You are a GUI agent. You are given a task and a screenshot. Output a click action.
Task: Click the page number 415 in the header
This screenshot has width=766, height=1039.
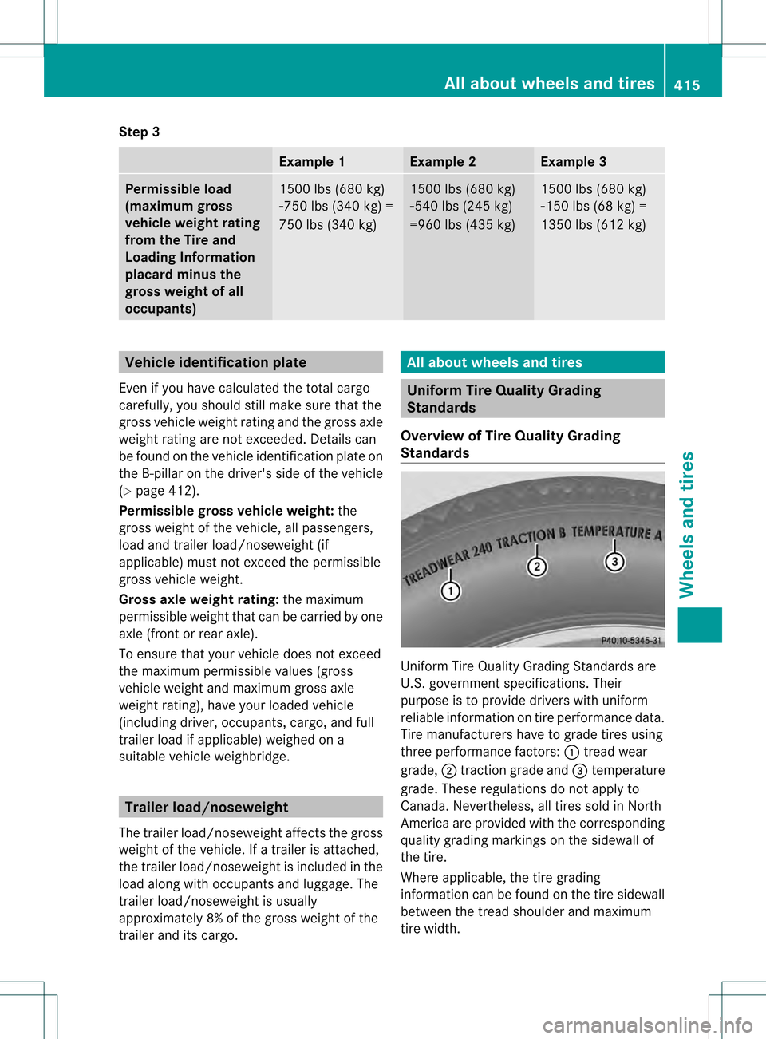(x=686, y=85)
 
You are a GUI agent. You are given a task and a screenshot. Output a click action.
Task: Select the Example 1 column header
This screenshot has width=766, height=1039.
(x=311, y=162)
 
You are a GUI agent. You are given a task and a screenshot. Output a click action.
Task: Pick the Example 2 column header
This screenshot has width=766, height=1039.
(x=442, y=162)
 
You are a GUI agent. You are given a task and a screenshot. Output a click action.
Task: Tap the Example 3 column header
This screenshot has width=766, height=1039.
(x=573, y=162)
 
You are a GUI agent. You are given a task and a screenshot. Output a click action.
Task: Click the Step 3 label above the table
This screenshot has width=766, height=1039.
(x=139, y=132)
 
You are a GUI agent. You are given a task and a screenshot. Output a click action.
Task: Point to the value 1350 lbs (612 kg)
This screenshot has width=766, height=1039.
(x=593, y=225)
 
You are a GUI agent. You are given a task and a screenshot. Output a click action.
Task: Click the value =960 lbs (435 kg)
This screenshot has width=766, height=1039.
(x=462, y=225)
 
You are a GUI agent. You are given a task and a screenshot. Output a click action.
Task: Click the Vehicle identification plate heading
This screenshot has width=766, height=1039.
(x=215, y=362)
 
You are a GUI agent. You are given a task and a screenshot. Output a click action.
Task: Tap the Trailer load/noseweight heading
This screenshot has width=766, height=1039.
(x=207, y=807)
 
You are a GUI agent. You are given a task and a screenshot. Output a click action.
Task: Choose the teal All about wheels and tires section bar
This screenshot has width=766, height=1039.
(x=532, y=362)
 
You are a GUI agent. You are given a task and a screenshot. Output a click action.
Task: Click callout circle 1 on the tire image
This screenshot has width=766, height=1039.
(x=451, y=591)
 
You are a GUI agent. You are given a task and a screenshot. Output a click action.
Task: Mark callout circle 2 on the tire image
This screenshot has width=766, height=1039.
(x=537, y=567)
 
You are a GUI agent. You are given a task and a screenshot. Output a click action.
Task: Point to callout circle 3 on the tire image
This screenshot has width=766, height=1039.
(x=614, y=562)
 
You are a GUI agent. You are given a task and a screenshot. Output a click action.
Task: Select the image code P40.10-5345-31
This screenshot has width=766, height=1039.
(x=631, y=640)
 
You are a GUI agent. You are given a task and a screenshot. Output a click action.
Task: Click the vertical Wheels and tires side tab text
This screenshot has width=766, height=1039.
(x=687, y=524)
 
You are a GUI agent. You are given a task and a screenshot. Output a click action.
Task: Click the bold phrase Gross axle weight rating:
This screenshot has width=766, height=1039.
(x=199, y=599)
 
